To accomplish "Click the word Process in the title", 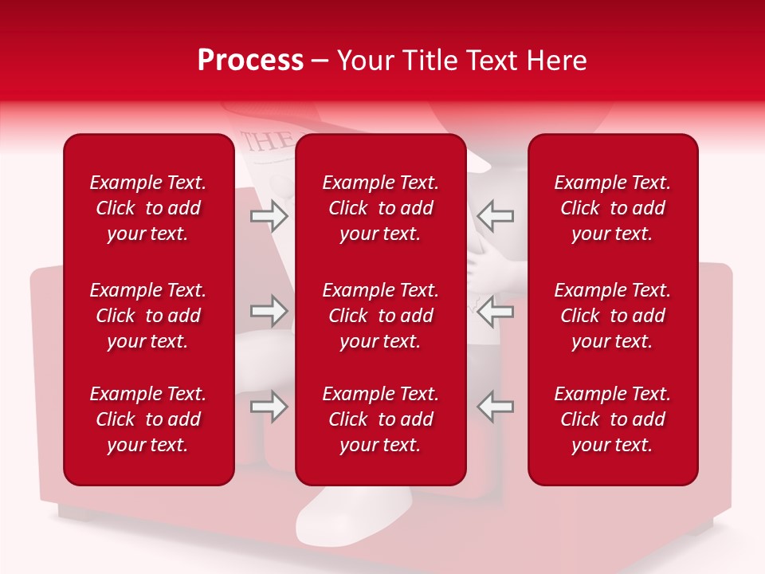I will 250,61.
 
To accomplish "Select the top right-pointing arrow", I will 269,216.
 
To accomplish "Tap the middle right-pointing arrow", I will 269,311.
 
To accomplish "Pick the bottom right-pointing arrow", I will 269,407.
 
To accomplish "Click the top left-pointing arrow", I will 496,216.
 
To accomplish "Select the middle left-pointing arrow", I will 496,311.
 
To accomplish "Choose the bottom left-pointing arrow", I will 496,407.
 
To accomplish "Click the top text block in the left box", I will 148,208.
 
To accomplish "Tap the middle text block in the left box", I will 148,316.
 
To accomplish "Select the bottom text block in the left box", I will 148,419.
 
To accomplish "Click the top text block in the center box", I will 381,208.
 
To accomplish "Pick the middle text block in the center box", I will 381,316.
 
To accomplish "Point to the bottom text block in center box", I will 381,419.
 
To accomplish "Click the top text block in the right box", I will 613,208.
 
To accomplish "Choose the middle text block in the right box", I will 613,316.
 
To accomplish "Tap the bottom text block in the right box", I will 613,419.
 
